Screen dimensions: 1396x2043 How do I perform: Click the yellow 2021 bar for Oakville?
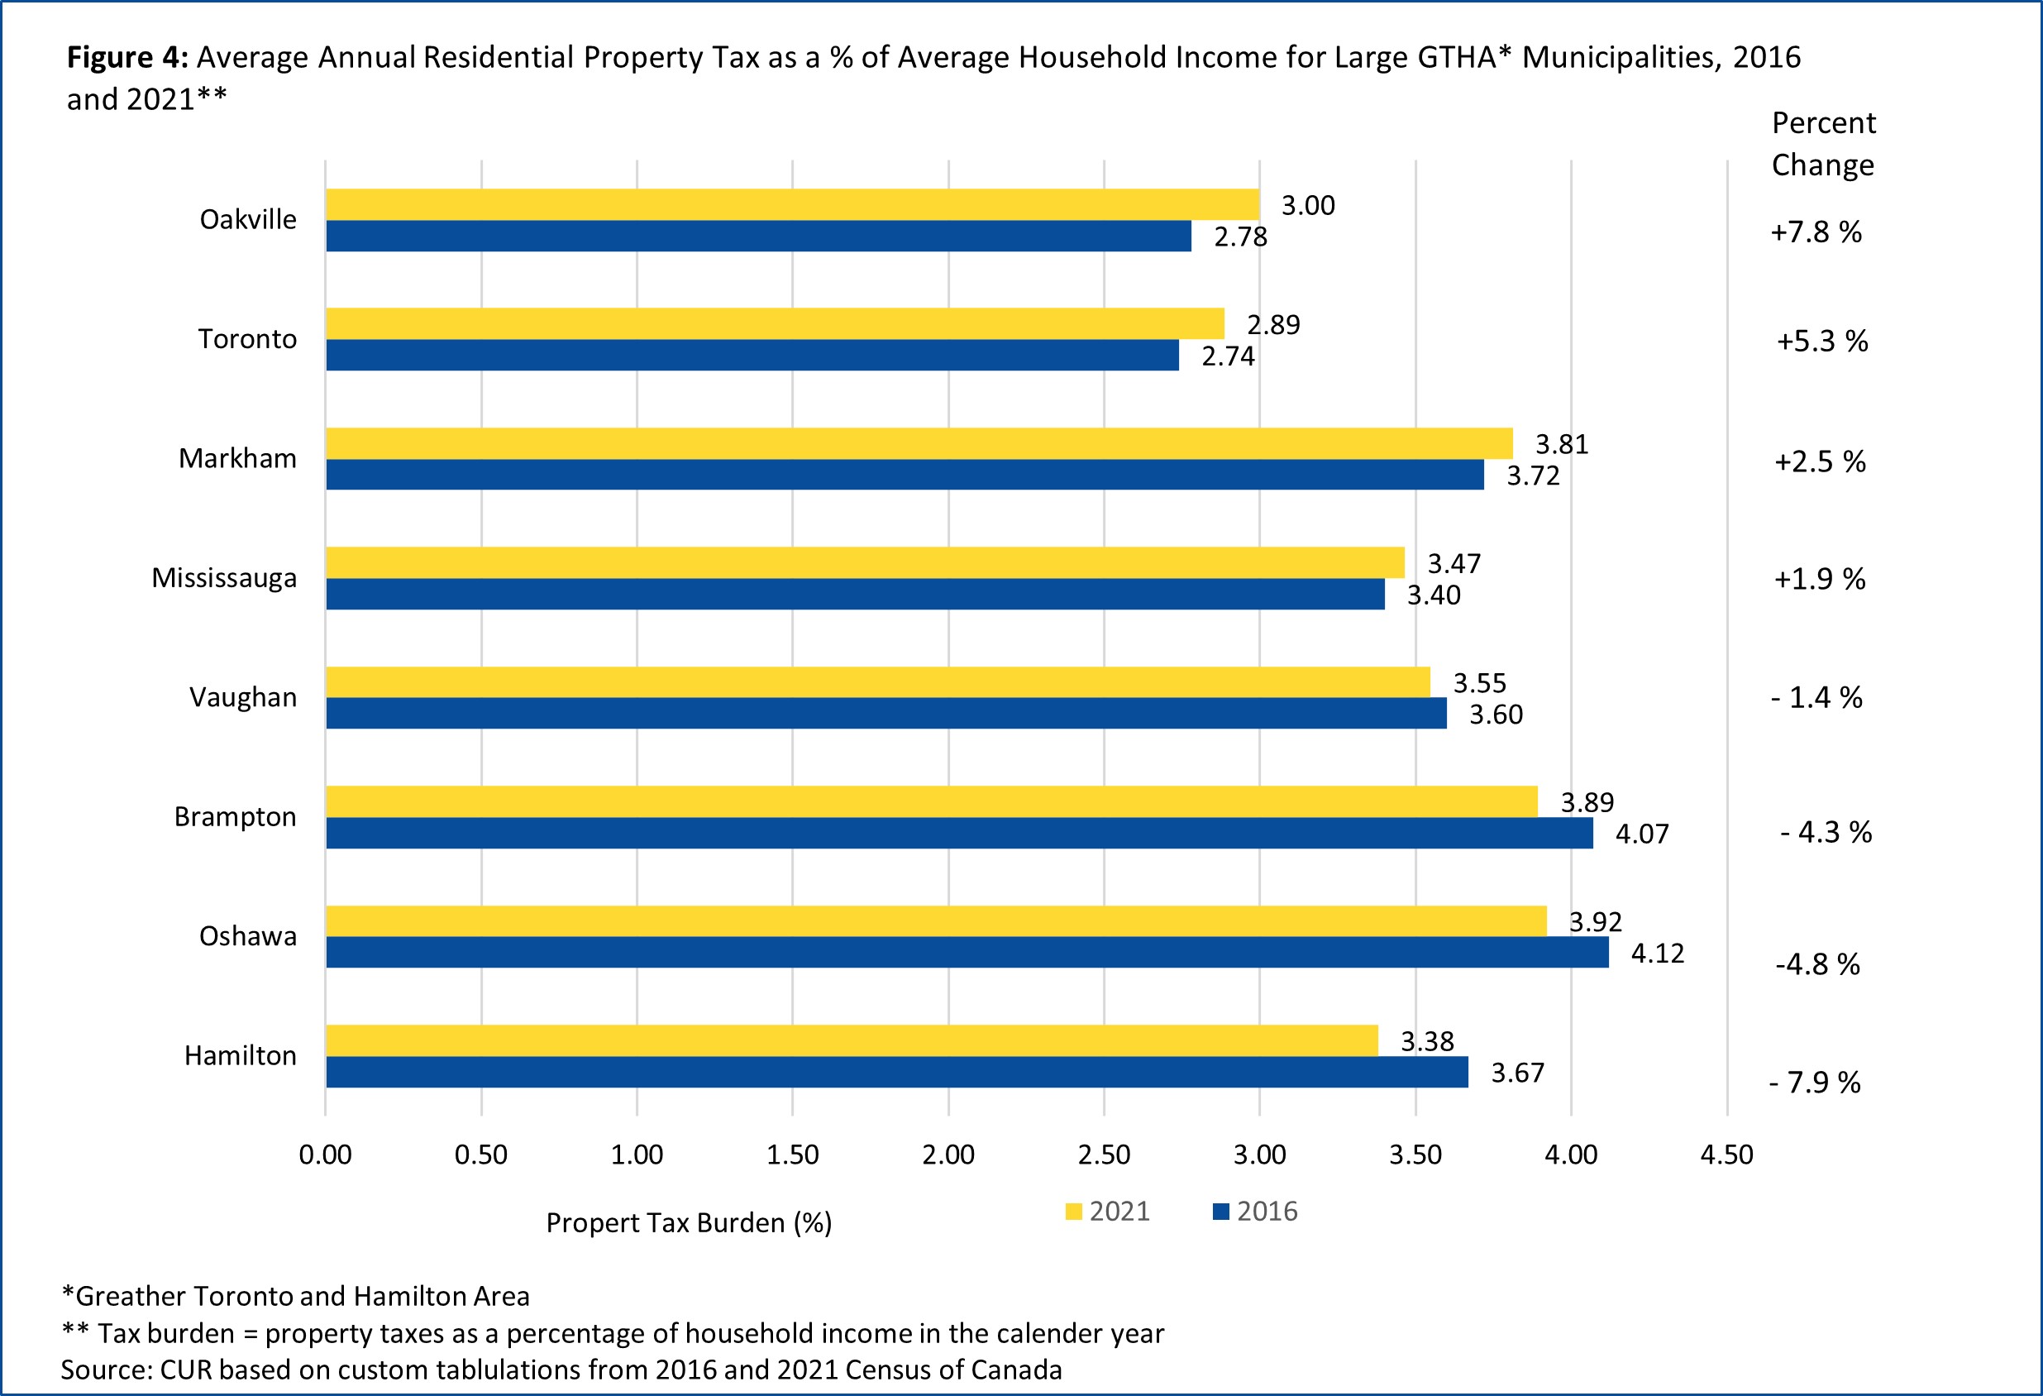point(791,204)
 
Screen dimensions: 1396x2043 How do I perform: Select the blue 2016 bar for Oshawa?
point(967,952)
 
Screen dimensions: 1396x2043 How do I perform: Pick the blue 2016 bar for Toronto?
point(752,355)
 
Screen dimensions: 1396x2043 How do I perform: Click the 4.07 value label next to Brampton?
point(1641,834)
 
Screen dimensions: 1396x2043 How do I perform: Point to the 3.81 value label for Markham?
point(1561,444)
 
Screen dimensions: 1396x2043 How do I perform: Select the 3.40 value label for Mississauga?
point(1433,595)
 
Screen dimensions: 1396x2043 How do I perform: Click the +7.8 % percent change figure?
point(1816,232)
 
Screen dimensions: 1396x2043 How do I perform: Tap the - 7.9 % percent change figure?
point(1815,1083)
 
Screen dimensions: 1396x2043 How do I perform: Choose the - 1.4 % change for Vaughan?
point(1816,698)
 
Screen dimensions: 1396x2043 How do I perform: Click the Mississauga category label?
point(224,577)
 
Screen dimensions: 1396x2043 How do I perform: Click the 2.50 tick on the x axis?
point(1103,1155)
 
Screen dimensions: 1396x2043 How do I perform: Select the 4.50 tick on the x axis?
point(1726,1155)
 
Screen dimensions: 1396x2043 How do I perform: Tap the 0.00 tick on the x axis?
point(325,1155)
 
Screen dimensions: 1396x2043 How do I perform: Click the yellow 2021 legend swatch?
point(1072,1212)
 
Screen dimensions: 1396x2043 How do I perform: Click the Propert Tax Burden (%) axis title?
point(689,1223)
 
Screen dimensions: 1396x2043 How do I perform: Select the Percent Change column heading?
point(1822,143)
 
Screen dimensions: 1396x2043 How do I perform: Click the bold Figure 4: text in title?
point(127,57)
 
